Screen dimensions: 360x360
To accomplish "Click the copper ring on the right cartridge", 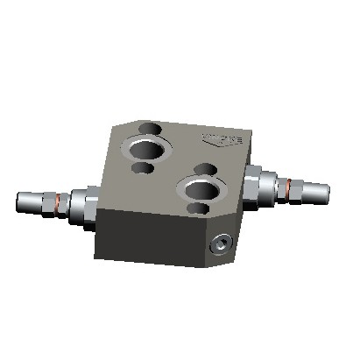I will pos(289,184).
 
